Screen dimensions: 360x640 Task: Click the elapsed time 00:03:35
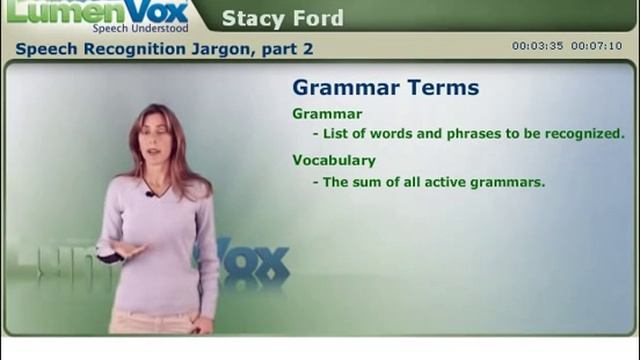(x=538, y=46)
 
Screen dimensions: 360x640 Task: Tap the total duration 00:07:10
(x=596, y=46)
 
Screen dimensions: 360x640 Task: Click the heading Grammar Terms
(x=385, y=87)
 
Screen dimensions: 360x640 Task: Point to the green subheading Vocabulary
(x=334, y=160)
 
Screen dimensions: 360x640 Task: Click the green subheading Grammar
(x=327, y=114)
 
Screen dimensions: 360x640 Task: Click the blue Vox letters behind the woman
(x=255, y=263)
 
